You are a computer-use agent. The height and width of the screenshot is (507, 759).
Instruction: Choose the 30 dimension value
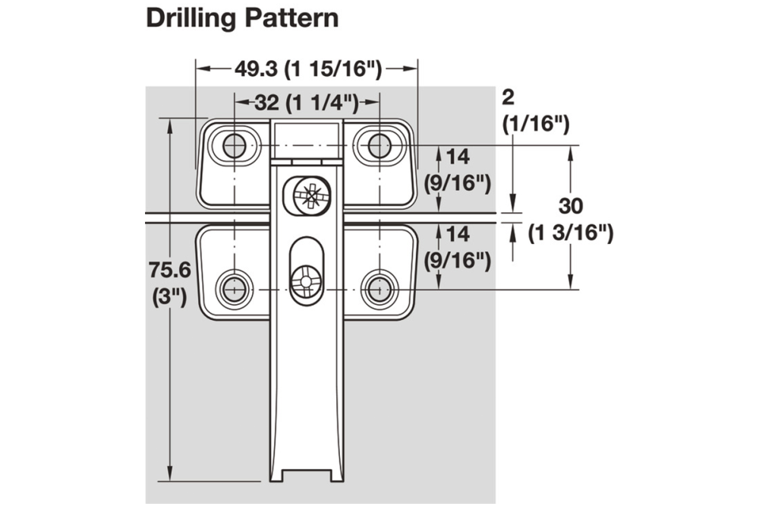click(x=571, y=206)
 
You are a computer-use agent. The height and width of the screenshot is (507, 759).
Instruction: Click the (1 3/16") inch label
click(x=571, y=233)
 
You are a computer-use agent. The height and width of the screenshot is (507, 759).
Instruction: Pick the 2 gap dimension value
click(x=509, y=97)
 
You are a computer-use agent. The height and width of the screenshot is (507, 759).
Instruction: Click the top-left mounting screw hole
click(x=234, y=144)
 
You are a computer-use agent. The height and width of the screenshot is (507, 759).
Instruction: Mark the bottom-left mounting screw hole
click(x=234, y=288)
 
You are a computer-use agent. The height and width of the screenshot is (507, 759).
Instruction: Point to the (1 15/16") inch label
click(x=333, y=68)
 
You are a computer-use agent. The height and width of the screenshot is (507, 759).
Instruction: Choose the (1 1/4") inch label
click(x=320, y=103)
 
